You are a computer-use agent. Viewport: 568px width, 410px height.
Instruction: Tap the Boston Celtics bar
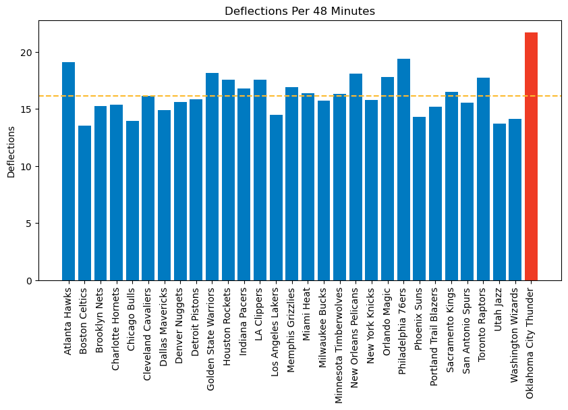click(x=84, y=203)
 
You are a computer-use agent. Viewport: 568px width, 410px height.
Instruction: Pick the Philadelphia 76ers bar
click(x=403, y=170)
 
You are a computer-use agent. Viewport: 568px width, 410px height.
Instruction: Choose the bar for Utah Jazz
click(x=499, y=202)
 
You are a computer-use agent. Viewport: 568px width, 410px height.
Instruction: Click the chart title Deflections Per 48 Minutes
click(x=300, y=11)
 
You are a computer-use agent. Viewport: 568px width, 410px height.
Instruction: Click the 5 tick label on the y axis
click(x=28, y=224)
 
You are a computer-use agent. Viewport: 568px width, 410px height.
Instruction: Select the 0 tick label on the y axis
click(x=28, y=280)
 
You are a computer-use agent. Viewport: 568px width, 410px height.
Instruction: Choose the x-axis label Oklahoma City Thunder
click(x=532, y=343)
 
